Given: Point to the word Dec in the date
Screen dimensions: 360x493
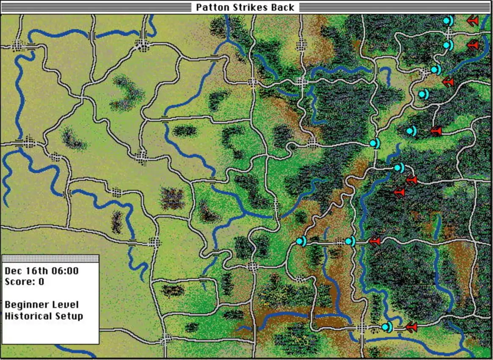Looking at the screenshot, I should click(12, 271).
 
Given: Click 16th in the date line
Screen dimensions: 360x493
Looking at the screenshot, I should click(34, 271).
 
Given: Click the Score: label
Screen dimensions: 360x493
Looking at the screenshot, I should click(18, 282).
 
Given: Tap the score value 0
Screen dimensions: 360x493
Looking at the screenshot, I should click(41, 282).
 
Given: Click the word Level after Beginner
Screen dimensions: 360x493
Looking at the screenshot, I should click(65, 305).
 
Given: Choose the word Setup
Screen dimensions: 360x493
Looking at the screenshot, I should click(69, 316).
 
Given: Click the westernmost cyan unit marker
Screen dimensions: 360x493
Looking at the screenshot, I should click(301, 241).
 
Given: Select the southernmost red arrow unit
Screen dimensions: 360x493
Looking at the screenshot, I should click(410, 327).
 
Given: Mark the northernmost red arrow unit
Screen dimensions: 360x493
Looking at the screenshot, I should click(473, 20).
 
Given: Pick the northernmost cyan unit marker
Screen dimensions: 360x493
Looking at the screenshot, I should click(448, 20).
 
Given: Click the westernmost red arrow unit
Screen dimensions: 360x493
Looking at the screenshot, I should click(375, 241).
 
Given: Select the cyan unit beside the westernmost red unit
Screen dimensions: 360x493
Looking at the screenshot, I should click(350, 241).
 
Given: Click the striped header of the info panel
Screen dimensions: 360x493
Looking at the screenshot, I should click(50, 258).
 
